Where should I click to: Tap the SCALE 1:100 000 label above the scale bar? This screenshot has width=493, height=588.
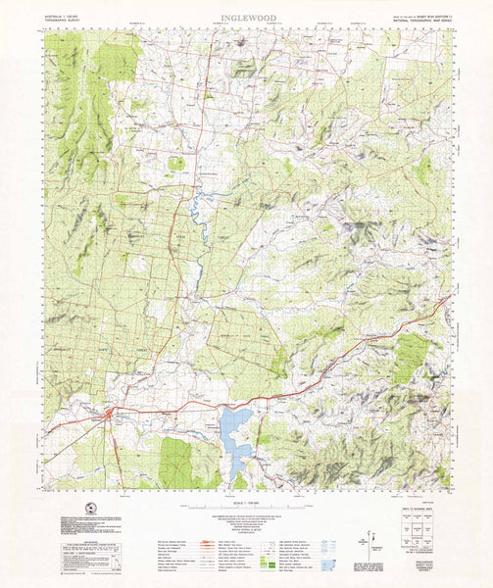click(x=246, y=501)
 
